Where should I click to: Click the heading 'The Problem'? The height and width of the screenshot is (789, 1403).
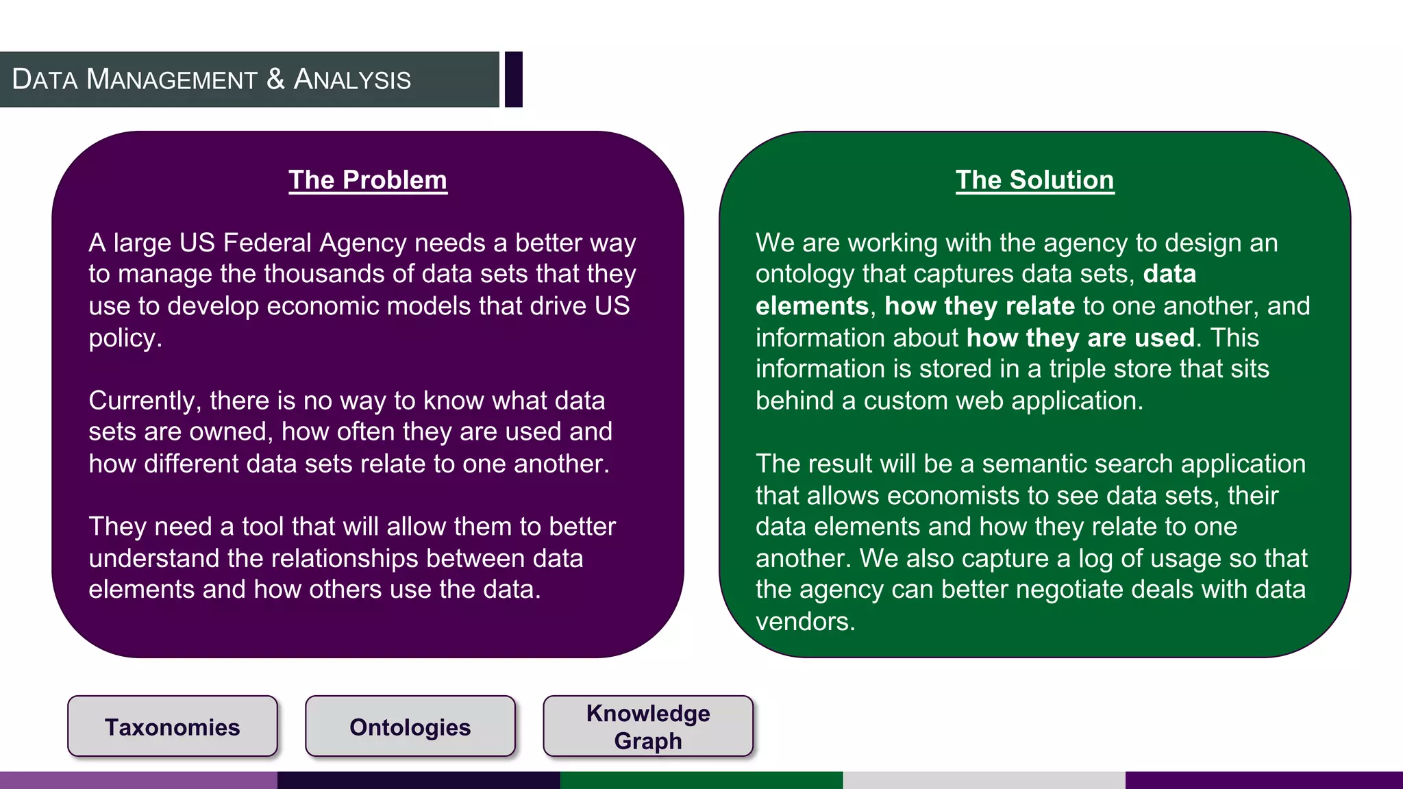(368, 180)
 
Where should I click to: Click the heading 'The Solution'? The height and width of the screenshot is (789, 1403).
(1034, 180)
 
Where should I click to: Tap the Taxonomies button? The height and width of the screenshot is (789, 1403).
(173, 727)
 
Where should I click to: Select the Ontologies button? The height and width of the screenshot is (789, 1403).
(410, 727)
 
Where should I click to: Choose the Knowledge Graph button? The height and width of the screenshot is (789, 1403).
(648, 727)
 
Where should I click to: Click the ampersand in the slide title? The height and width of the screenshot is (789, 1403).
(275, 79)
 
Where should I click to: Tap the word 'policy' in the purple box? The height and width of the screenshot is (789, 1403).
(123, 338)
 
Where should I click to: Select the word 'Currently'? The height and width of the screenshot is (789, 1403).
(142, 401)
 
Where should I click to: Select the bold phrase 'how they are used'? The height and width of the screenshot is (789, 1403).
(1080, 338)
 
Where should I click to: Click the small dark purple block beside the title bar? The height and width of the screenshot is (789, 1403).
(514, 79)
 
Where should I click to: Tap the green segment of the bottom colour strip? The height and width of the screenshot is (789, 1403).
(701, 780)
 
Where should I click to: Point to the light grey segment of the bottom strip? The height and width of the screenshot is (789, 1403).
(984, 780)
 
